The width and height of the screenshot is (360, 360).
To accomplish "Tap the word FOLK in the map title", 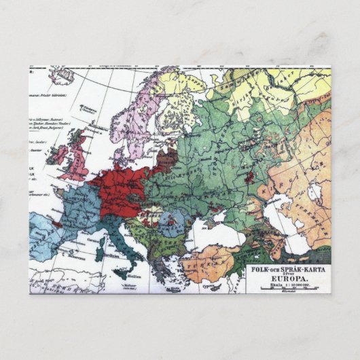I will point(261,268).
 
